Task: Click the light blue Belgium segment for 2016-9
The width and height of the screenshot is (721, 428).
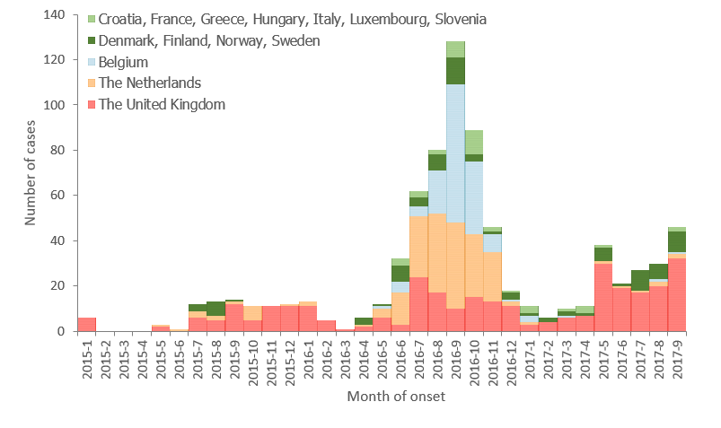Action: (455, 153)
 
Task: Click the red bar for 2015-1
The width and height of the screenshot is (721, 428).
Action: (87, 324)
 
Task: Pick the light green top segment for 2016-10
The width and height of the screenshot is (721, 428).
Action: (474, 142)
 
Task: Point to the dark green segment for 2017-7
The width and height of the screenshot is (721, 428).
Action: (639, 280)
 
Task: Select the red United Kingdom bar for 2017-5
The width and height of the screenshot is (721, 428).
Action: (602, 297)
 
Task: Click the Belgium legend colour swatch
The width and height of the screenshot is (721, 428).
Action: (91, 62)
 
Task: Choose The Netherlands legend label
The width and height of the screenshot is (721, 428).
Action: (150, 83)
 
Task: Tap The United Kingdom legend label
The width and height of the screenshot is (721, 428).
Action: (162, 104)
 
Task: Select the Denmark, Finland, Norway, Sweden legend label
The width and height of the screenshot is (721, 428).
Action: (209, 40)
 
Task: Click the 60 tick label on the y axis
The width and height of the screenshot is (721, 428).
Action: (58, 196)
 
